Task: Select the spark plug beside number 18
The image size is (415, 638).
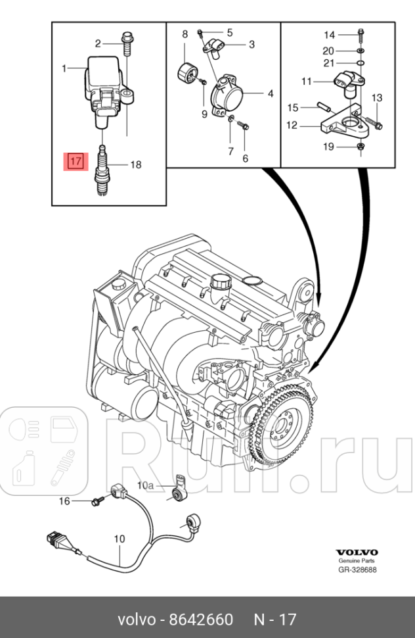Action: coord(102,170)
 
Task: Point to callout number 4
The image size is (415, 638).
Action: coord(270,94)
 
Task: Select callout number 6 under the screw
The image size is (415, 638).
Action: coord(246,159)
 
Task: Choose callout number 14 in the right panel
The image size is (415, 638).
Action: coord(329,35)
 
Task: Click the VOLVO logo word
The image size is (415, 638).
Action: coord(357,552)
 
